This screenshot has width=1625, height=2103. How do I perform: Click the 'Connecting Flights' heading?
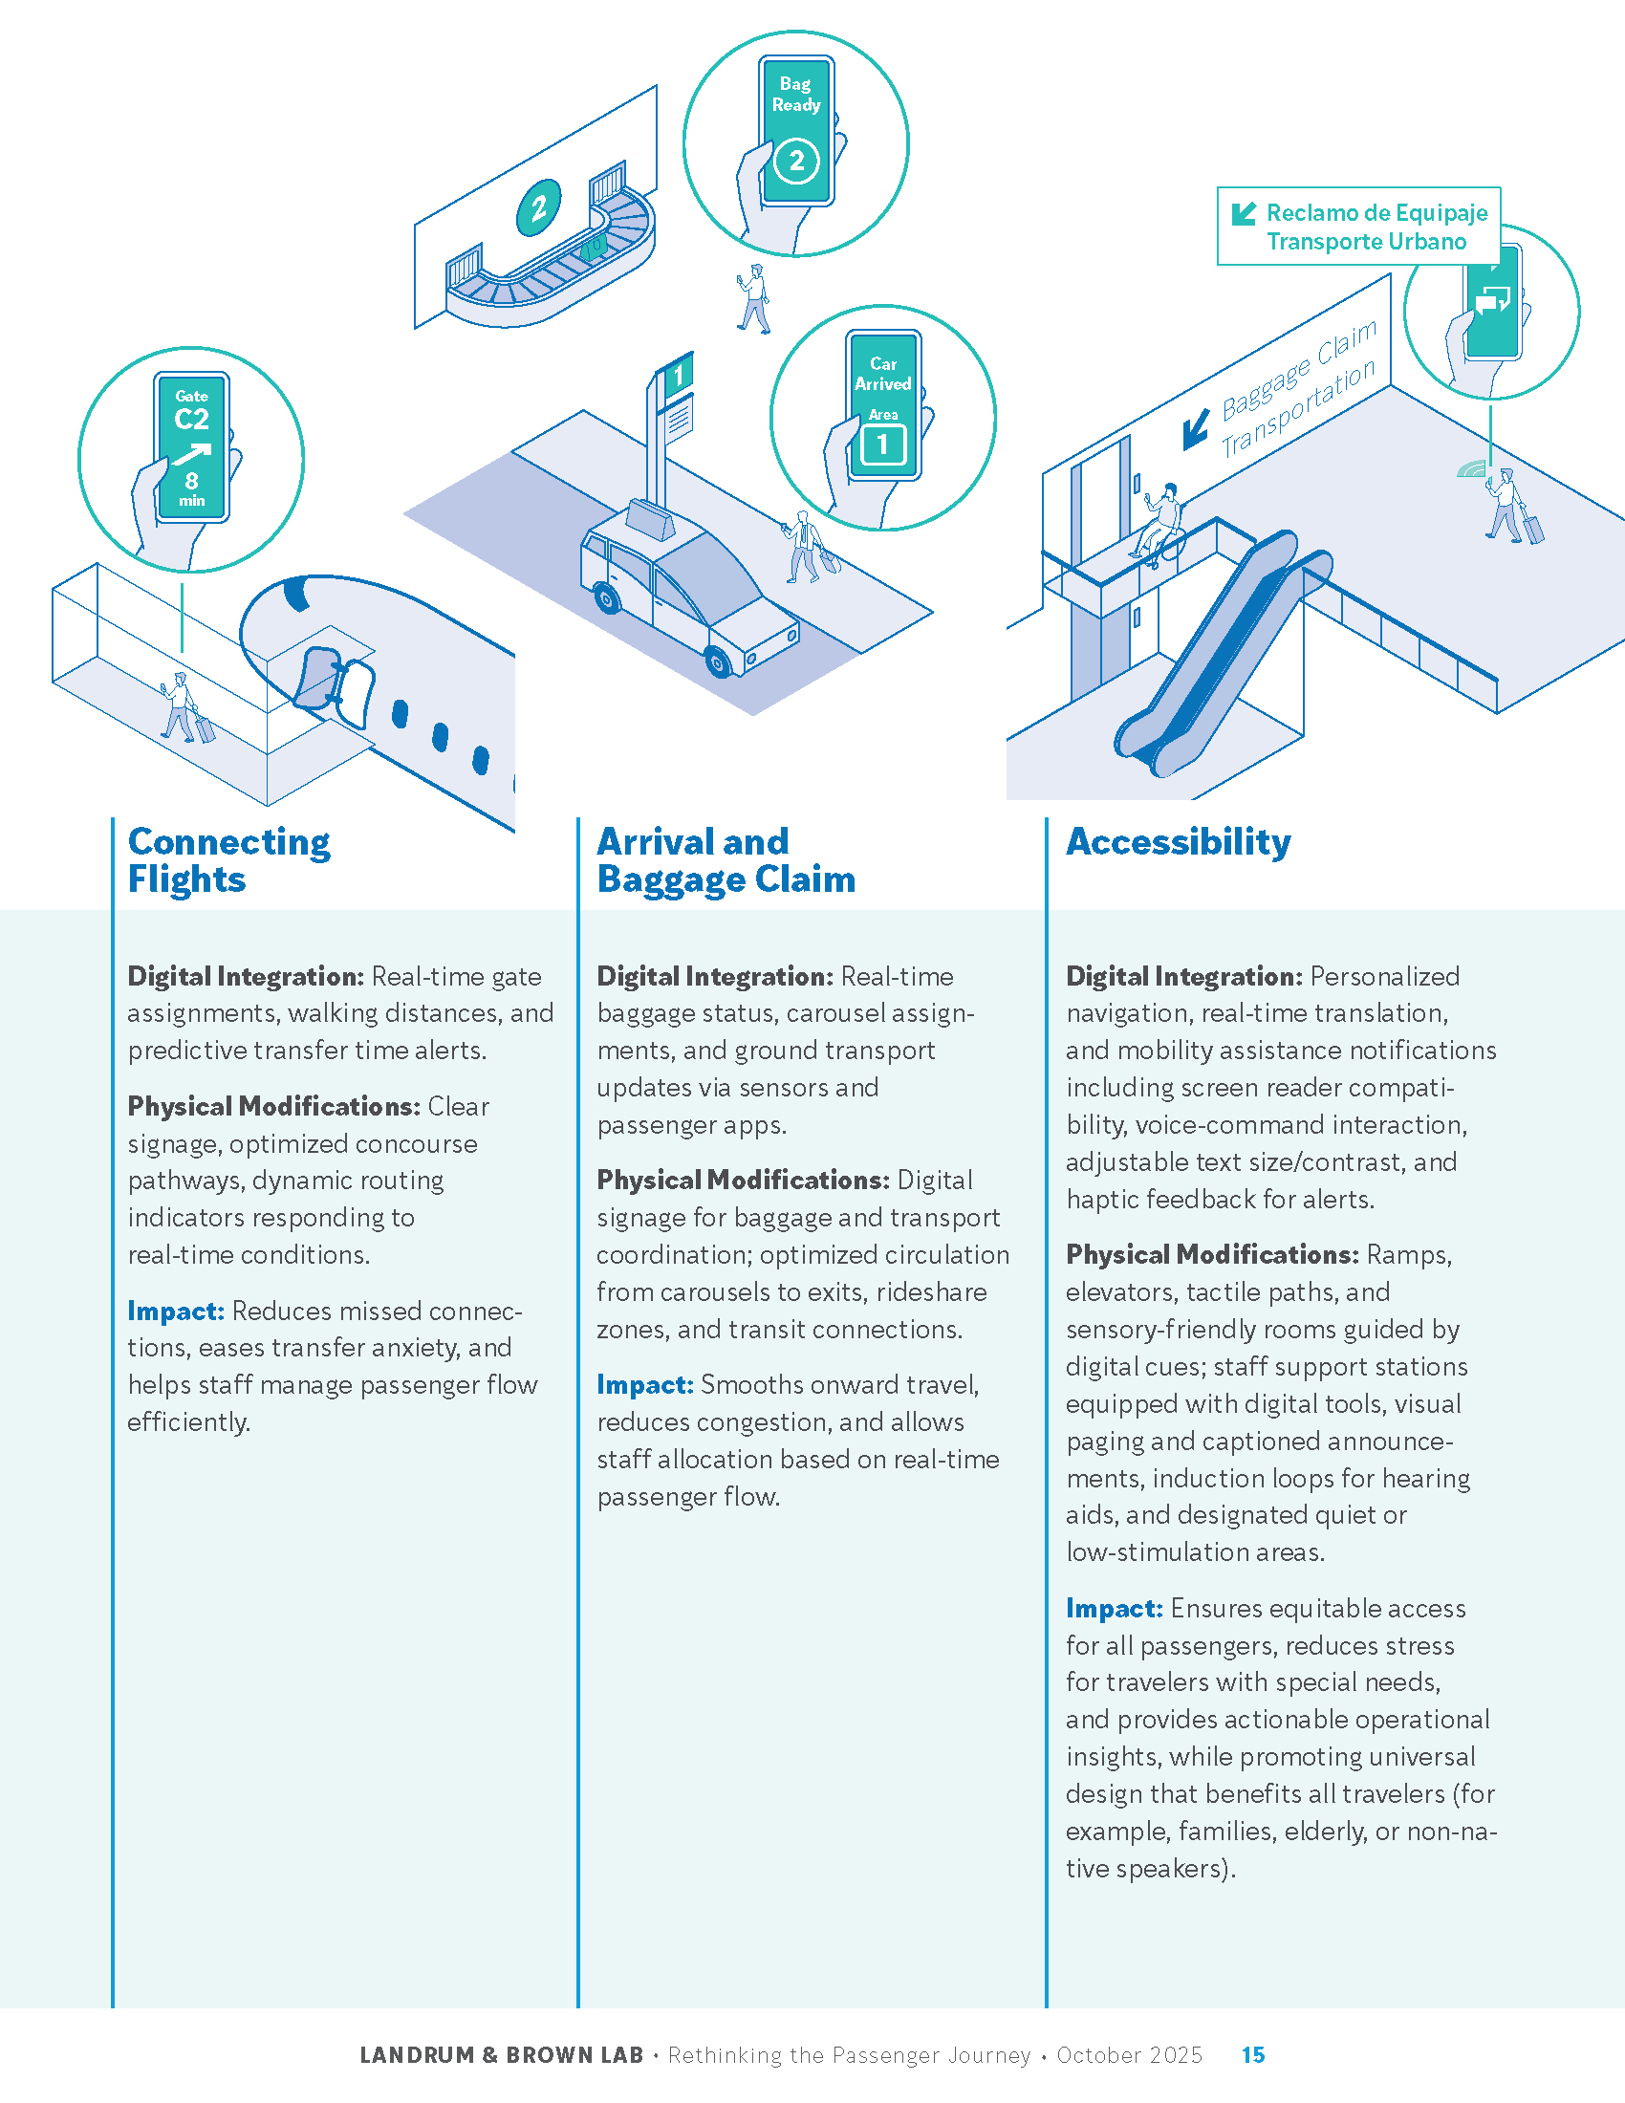228,860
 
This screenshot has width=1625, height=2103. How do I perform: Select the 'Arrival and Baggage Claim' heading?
725,860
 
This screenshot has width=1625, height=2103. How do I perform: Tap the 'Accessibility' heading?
1178,841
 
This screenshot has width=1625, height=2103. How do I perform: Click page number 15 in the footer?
1252,2055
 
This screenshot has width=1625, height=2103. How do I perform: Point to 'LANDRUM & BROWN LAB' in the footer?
501,2055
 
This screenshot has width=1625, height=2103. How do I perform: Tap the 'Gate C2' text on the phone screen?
191,411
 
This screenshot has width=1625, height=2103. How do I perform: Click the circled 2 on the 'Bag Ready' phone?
796,161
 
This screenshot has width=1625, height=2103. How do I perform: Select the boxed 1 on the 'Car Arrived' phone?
882,444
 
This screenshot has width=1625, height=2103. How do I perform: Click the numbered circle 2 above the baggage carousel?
538,207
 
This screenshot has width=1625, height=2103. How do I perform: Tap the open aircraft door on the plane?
318,680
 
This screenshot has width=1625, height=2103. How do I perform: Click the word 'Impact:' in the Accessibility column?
1114,1608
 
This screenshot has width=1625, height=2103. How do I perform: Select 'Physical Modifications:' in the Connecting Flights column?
273,1106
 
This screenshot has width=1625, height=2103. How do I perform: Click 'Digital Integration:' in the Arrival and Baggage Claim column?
714,976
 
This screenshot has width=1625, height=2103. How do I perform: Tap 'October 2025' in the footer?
1128,2055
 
